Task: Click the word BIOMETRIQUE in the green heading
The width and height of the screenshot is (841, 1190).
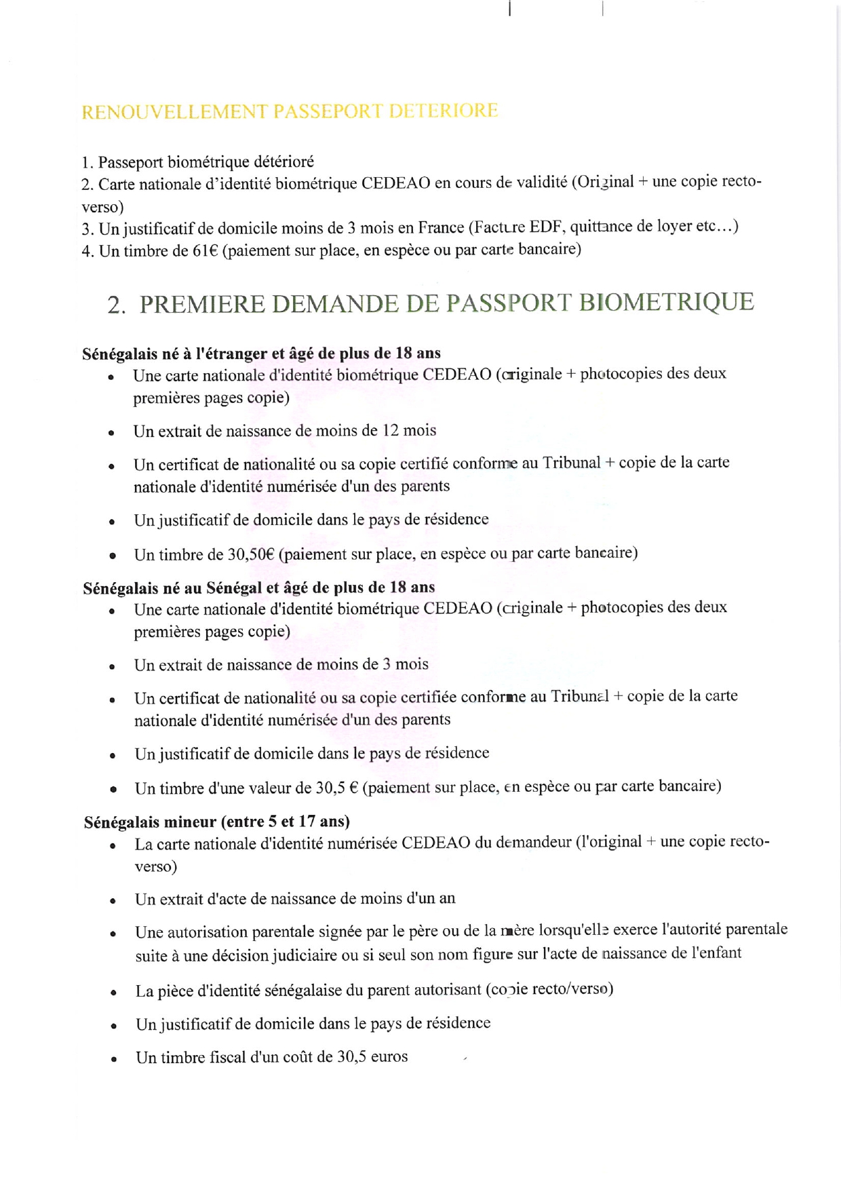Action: (x=666, y=302)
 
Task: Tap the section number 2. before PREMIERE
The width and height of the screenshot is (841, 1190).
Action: (x=116, y=306)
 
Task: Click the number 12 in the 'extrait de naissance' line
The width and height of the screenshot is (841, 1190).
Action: (x=391, y=430)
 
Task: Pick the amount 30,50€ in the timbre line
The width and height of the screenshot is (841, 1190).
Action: (x=250, y=554)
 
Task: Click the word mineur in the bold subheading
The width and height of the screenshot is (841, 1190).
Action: (x=191, y=822)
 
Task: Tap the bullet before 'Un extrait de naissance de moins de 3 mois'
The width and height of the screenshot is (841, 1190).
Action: (x=112, y=667)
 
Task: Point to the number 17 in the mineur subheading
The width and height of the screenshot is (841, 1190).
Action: (x=307, y=822)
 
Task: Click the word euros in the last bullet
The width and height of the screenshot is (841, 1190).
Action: (x=389, y=1056)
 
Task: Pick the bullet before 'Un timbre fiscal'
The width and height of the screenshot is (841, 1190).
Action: (x=114, y=1059)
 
